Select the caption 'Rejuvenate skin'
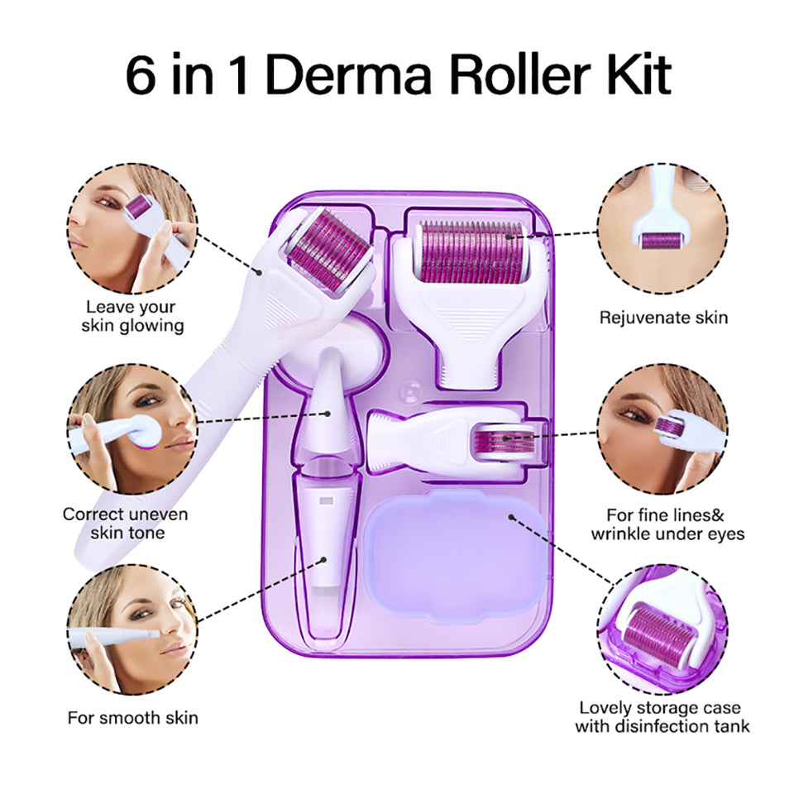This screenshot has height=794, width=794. (663, 317)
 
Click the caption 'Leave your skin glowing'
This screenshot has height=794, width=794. (132, 317)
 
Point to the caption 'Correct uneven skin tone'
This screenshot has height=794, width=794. (126, 523)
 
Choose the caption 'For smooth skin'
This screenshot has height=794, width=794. (132, 717)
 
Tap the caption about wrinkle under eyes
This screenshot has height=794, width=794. (667, 524)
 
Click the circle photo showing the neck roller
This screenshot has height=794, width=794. (662, 228)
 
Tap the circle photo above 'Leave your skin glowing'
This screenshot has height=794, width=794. (132, 228)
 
